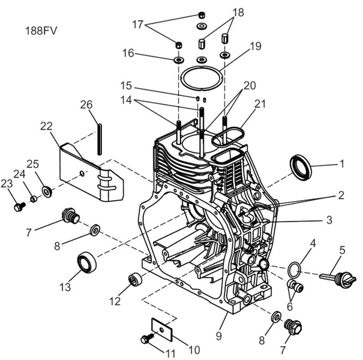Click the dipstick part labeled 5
(338, 276)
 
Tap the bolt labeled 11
(147, 338)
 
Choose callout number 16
(128, 53)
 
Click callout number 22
(46, 127)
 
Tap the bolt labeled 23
(19, 207)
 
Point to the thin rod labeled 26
(99, 138)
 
